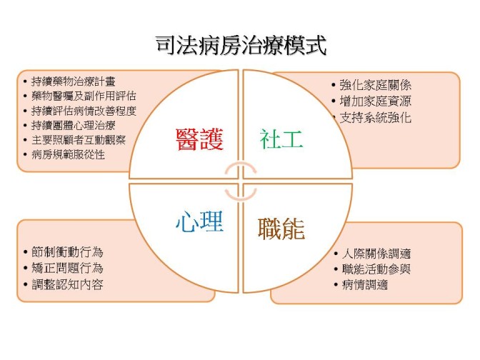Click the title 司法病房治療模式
tap(241, 46)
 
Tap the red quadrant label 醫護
tap(199, 139)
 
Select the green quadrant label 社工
tap(281, 139)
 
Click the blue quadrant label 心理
tap(199, 221)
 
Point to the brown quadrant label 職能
tap(281, 229)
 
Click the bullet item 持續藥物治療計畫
tap(73, 81)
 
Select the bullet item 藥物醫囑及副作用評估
tap(84, 96)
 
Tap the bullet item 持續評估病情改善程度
tap(84, 111)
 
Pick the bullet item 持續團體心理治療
tap(73, 125)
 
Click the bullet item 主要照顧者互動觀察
tap(79, 140)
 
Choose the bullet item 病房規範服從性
tap(68, 154)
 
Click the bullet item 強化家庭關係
tap(375, 85)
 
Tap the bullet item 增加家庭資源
tap(375, 101)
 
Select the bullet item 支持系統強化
tap(375, 118)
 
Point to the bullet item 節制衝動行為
tap(67, 252)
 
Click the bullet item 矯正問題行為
tap(67, 268)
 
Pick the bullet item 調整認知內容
tap(67, 284)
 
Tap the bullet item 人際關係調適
tap(376, 254)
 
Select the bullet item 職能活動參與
tap(376, 269)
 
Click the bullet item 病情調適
tap(365, 285)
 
